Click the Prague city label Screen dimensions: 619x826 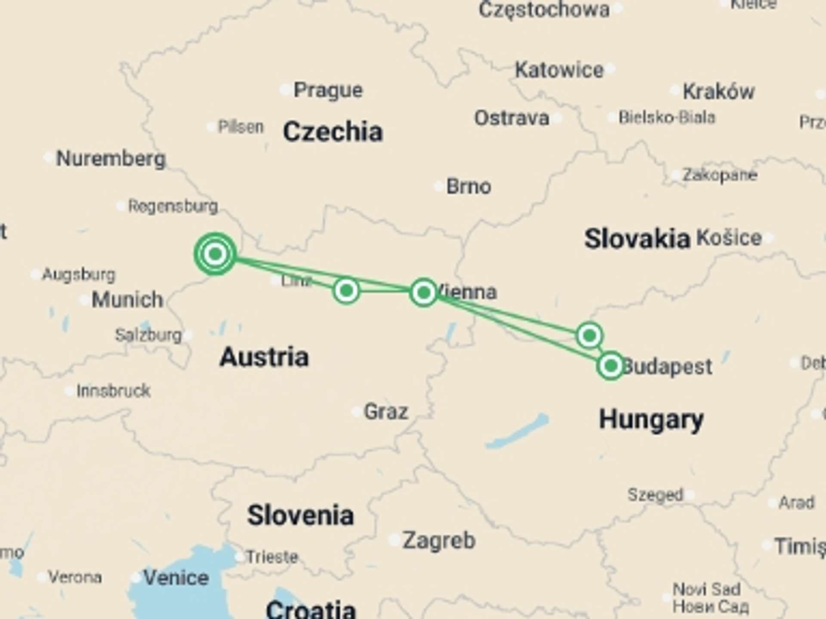(x=328, y=90)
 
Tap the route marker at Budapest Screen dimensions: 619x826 (x=610, y=366)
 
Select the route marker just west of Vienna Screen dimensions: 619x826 (x=424, y=293)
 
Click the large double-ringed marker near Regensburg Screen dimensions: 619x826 (x=215, y=254)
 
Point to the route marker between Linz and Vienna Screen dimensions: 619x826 (x=346, y=291)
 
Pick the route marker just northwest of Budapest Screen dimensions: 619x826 (x=589, y=335)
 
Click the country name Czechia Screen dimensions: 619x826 (x=333, y=132)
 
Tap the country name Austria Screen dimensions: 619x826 (x=264, y=357)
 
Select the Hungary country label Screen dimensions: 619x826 (x=651, y=420)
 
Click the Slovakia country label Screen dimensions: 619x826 (x=637, y=239)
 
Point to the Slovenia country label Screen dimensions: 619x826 (x=300, y=515)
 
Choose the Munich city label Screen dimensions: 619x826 (x=127, y=300)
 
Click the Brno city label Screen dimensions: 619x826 (x=468, y=187)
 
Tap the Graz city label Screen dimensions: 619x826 (x=385, y=412)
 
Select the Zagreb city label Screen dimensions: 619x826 (x=438, y=541)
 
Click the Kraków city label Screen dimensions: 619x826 (x=718, y=92)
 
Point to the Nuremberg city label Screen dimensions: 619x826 (x=111, y=159)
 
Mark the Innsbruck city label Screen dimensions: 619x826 (x=113, y=391)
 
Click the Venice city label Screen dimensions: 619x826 (x=176, y=578)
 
